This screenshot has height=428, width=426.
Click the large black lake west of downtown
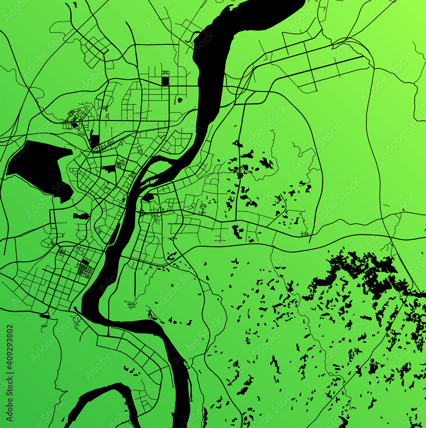click(39, 165)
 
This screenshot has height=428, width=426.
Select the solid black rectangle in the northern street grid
click(165, 80)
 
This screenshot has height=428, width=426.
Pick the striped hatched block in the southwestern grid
click(85, 270)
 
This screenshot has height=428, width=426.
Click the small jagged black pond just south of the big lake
click(81, 216)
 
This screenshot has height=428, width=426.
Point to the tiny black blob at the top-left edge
click(74, 5)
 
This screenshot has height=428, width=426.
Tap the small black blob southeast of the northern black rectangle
click(179, 100)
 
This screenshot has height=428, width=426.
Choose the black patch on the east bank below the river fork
click(148, 198)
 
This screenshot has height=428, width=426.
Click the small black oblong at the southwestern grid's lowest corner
click(45, 317)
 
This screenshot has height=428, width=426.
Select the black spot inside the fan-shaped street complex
click(74, 125)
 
